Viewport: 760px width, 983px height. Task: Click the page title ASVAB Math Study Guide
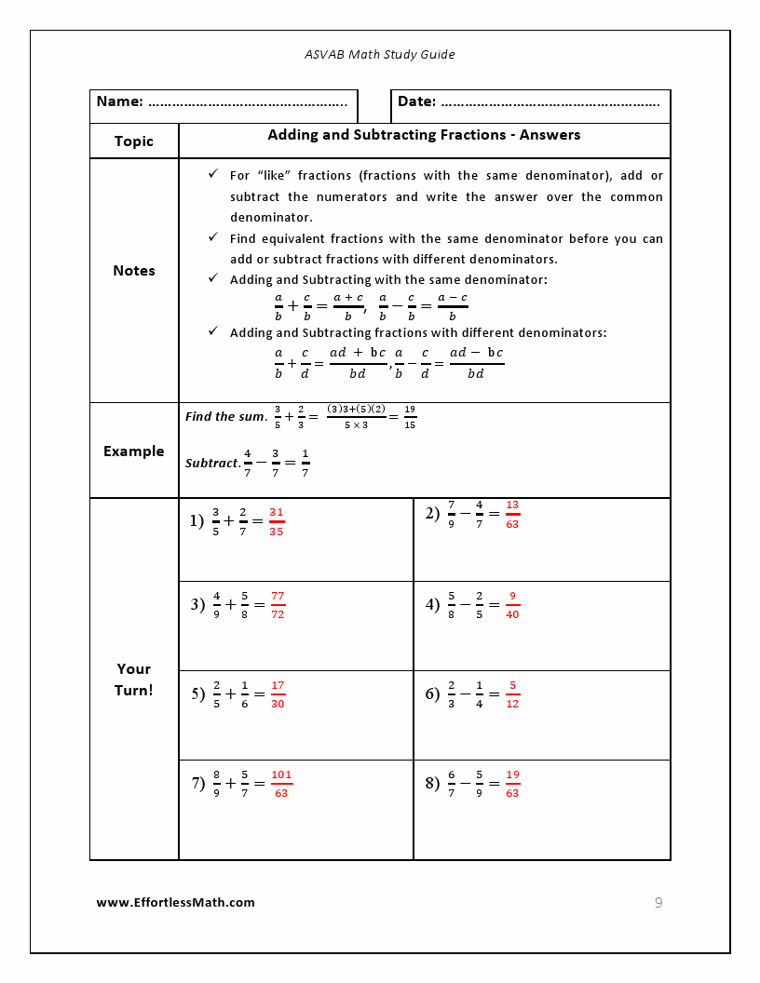click(x=380, y=55)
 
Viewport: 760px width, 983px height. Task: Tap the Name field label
click(x=120, y=101)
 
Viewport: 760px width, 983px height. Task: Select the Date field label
click(x=416, y=101)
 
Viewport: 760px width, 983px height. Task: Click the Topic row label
click(x=134, y=141)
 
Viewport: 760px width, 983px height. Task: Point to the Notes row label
click(x=134, y=271)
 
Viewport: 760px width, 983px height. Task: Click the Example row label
click(x=134, y=451)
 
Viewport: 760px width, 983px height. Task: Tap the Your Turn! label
click(x=134, y=680)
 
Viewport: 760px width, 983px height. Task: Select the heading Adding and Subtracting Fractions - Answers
click(x=424, y=135)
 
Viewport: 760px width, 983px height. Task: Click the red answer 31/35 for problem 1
click(x=277, y=521)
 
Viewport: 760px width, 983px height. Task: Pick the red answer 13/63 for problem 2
click(x=512, y=515)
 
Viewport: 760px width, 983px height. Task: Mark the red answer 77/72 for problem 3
click(x=278, y=605)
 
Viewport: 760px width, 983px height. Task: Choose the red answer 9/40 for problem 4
click(x=512, y=605)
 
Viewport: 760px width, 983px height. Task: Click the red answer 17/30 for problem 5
click(x=278, y=694)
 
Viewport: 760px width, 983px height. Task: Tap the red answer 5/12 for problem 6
click(x=512, y=694)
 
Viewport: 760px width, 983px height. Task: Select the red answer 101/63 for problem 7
click(x=281, y=784)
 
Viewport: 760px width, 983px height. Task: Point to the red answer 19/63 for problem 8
click(x=512, y=784)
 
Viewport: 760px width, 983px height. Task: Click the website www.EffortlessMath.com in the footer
click(x=176, y=903)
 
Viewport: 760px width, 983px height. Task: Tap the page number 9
click(x=658, y=903)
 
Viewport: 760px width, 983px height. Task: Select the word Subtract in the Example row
click(x=212, y=463)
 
